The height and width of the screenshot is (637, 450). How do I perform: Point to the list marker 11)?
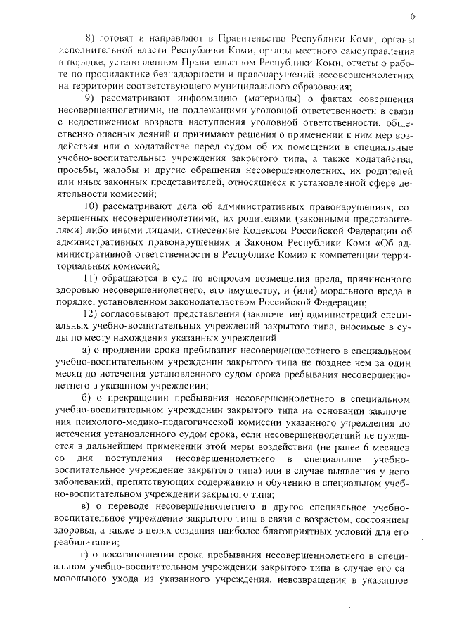91,280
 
